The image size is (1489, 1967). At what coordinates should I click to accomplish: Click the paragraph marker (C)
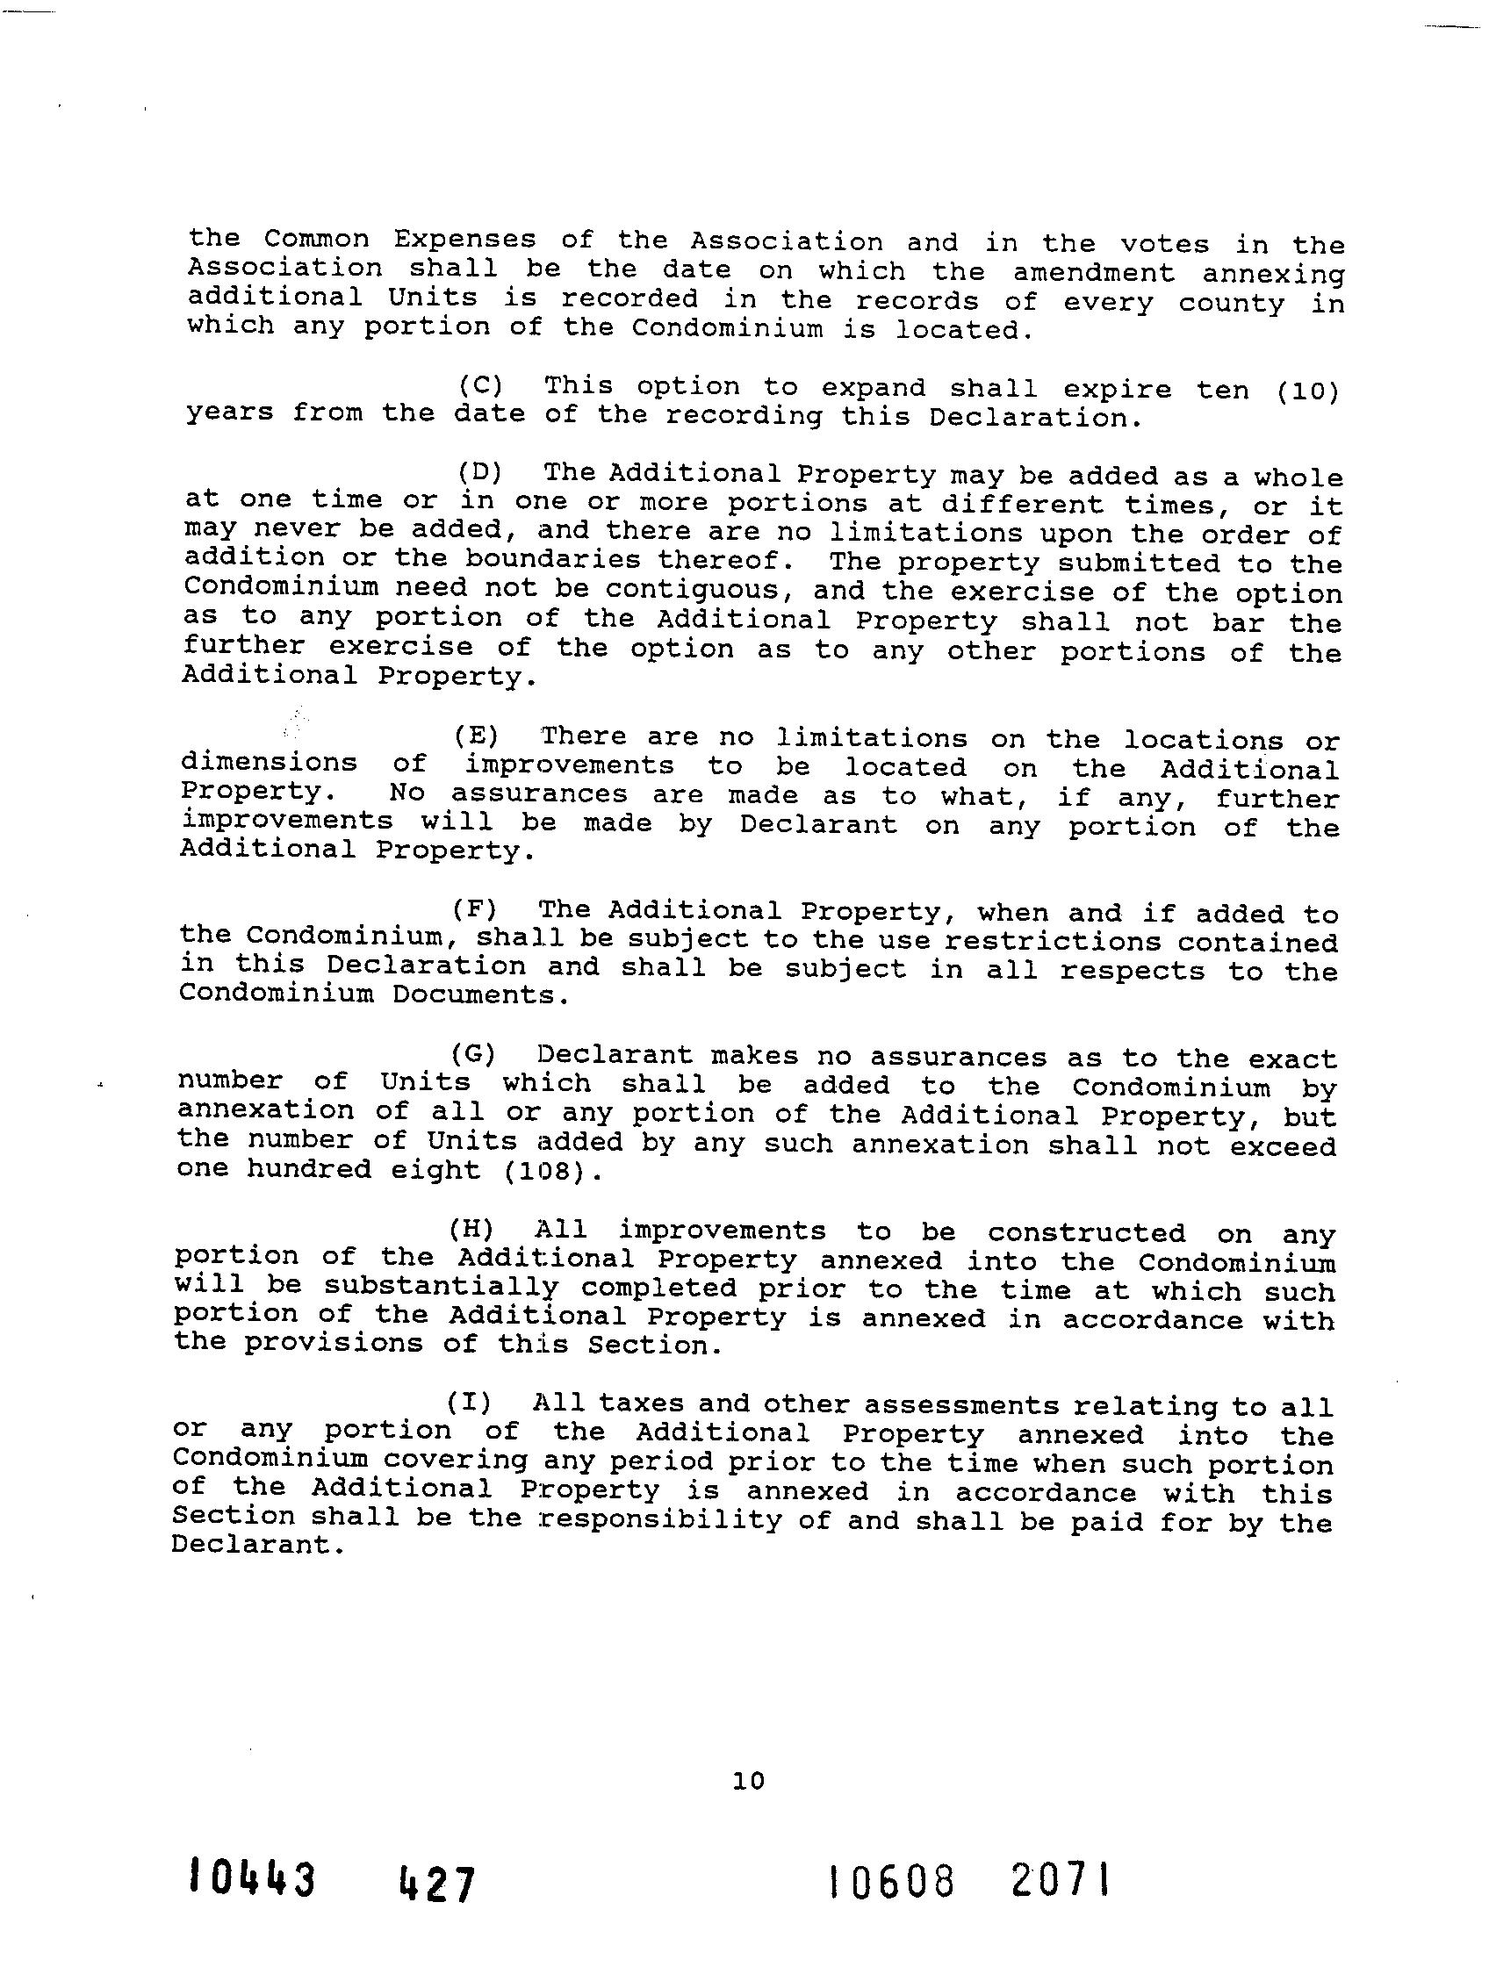[x=480, y=385]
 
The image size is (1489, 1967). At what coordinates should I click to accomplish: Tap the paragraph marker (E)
[x=477, y=736]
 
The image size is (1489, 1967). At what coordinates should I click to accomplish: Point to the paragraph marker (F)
[x=474, y=908]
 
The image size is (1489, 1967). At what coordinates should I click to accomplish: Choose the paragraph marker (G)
[x=472, y=1055]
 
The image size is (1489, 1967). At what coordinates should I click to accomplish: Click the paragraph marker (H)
[x=471, y=1229]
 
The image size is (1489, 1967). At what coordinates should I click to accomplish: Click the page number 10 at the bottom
[x=748, y=1780]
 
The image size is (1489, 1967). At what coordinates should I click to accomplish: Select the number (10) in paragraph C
[x=1307, y=391]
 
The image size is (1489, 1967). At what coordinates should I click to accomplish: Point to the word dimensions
[x=270, y=762]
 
